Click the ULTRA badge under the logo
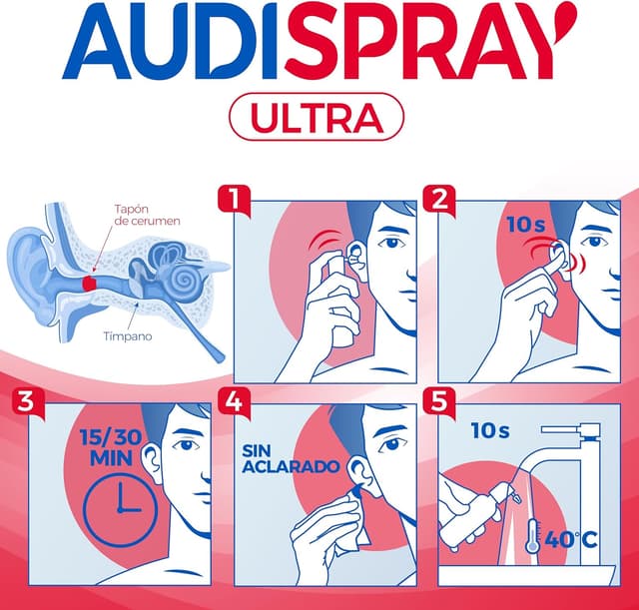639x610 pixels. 317,119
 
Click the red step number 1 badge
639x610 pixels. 232,199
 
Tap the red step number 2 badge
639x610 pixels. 437,199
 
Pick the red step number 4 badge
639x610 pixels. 232,402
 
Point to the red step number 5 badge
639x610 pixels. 437,402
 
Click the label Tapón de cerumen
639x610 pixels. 147,214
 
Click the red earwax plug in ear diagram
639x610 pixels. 89,285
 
